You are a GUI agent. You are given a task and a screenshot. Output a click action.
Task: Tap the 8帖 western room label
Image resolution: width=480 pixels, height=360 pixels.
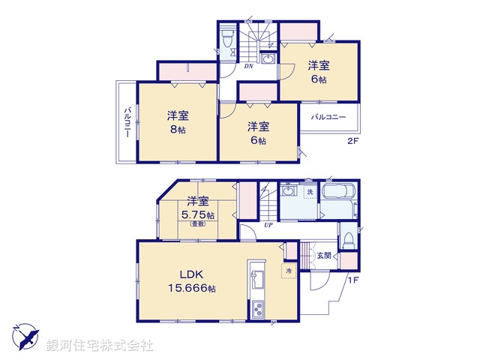click(x=178, y=122)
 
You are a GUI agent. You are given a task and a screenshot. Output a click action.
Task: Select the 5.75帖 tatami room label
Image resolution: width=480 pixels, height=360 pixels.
click(x=199, y=209)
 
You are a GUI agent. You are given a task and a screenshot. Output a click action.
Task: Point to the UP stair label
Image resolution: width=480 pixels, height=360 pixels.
click(x=267, y=224)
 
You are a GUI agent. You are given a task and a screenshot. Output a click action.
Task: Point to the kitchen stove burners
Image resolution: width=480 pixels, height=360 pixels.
click(x=257, y=307)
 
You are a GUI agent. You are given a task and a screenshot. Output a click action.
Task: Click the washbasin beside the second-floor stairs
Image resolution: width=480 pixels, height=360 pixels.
click(x=268, y=58)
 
